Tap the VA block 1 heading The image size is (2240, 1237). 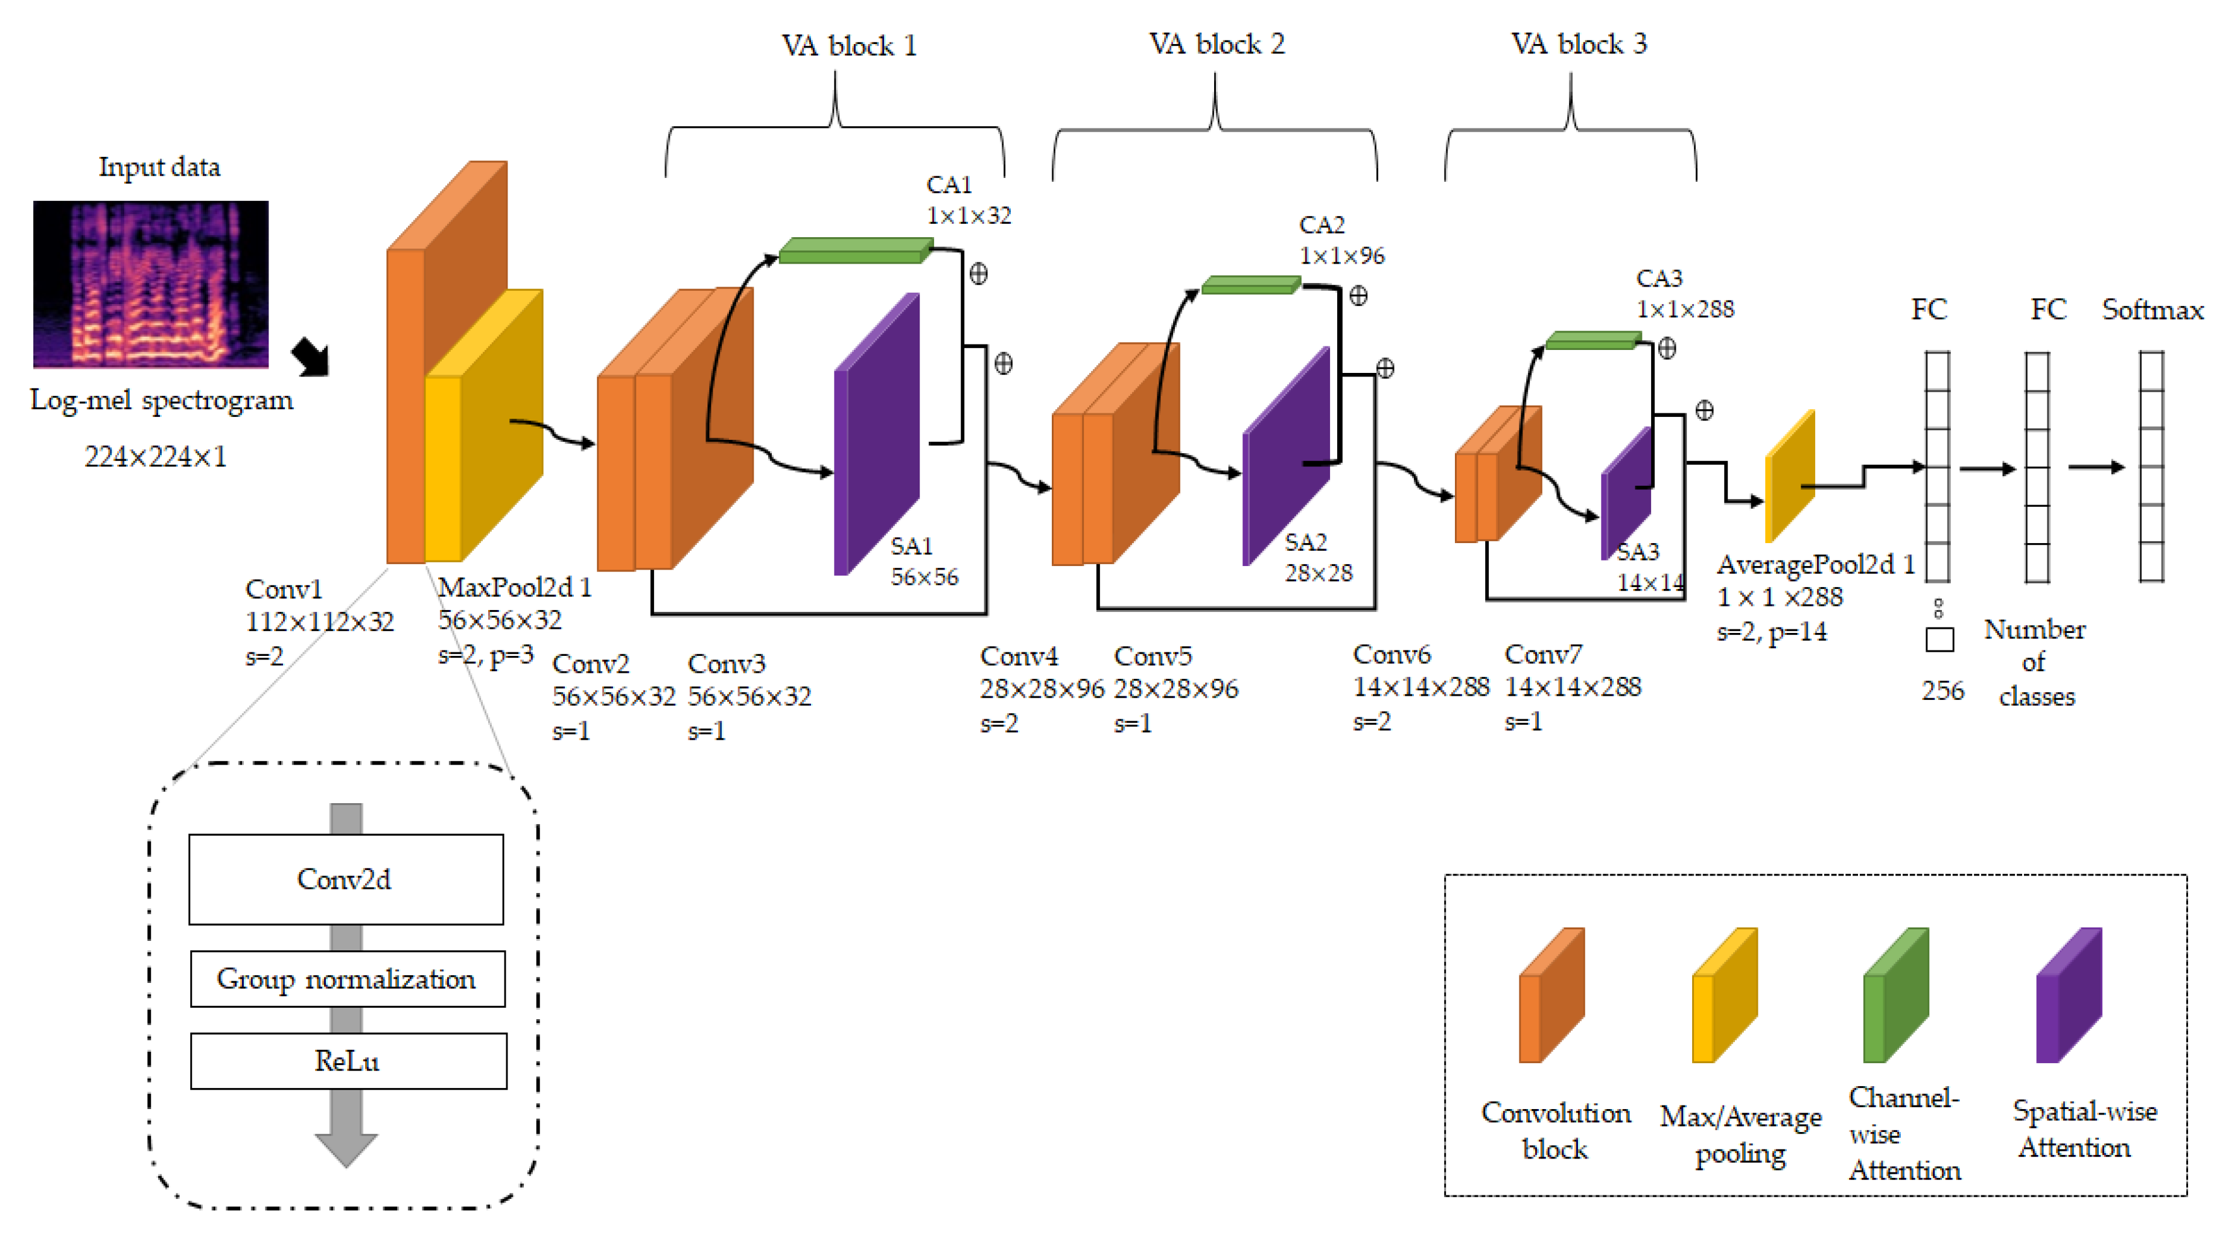click(x=848, y=45)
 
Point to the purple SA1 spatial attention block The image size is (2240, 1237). click(x=876, y=434)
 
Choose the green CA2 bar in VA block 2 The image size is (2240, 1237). click(x=1250, y=285)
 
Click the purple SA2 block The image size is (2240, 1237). click(x=1285, y=456)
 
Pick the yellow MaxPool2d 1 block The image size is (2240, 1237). click(x=483, y=426)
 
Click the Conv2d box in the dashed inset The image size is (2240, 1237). click(x=345, y=879)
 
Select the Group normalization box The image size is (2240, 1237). click(x=347, y=979)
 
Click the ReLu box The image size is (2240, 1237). click(x=348, y=1061)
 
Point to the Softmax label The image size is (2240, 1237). click(x=2152, y=310)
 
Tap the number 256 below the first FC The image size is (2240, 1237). click(x=1942, y=690)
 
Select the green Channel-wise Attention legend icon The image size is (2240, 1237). click(x=1895, y=996)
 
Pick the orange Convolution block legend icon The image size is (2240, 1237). click(x=1551, y=996)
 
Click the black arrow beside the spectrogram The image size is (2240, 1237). click(x=310, y=357)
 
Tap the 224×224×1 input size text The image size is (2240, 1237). click(x=156, y=456)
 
